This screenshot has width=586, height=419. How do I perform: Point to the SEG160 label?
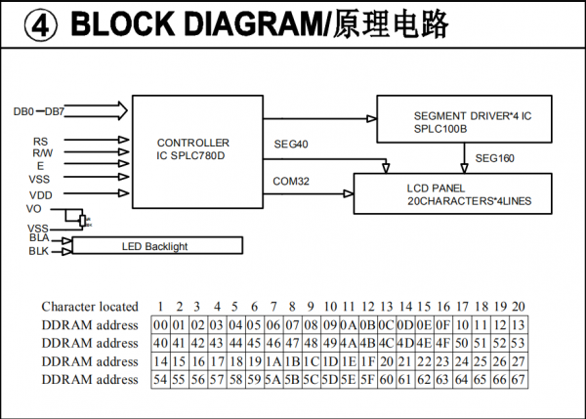495,158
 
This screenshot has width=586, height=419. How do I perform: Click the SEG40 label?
292,145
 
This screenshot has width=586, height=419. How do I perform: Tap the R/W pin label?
42,153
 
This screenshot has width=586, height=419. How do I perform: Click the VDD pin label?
40,194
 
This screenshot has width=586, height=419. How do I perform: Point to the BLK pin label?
39,251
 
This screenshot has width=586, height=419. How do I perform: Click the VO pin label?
35,209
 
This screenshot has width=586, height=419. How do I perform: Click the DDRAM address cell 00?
160,325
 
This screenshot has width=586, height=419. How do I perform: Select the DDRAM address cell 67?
518,379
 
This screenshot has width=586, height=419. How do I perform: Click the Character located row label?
90,307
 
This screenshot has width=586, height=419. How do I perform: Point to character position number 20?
518,307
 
